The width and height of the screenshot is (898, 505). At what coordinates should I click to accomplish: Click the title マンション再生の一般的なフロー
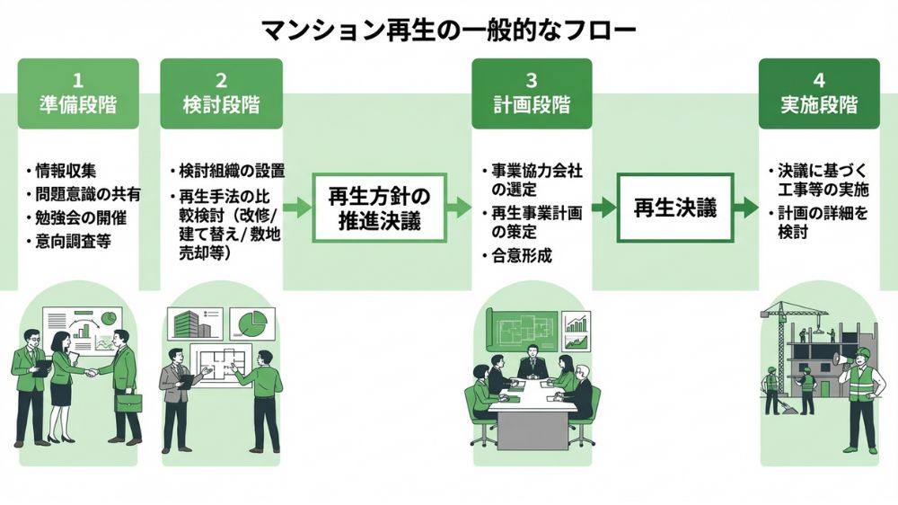(448, 31)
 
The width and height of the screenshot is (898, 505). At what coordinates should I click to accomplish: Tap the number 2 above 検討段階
(221, 79)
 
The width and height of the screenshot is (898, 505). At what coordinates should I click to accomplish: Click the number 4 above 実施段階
(819, 79)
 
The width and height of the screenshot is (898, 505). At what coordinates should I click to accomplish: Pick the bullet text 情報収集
(64, 172)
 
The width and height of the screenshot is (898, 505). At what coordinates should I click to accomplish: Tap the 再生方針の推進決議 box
(380, 208)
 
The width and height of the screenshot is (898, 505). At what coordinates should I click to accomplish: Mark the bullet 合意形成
(522, 255)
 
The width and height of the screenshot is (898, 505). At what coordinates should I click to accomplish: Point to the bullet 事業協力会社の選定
(530, 180)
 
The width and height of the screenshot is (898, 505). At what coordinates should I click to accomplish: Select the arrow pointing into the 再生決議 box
(603, 208)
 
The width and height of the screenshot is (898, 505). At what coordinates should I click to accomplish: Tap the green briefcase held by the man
(128, 402)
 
